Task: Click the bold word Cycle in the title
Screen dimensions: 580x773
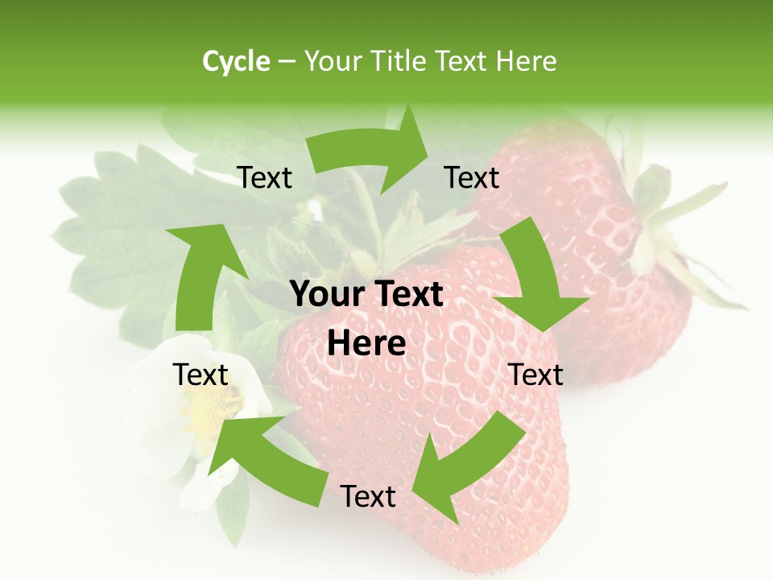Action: (236, 61)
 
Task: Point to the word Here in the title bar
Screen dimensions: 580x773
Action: (527, 61)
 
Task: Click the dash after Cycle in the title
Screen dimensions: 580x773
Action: (287, 61)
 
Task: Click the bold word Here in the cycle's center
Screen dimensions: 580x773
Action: (366, 344)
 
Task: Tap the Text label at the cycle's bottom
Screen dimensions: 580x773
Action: (368, 497)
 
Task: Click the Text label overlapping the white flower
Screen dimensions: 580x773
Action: (201, 375)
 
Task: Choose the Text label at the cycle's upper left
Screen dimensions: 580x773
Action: (265, 178)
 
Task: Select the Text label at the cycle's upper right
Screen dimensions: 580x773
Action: (472, 178)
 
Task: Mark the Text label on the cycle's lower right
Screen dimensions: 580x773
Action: (535, 375)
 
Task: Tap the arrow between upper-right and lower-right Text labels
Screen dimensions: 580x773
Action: (535, 278)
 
